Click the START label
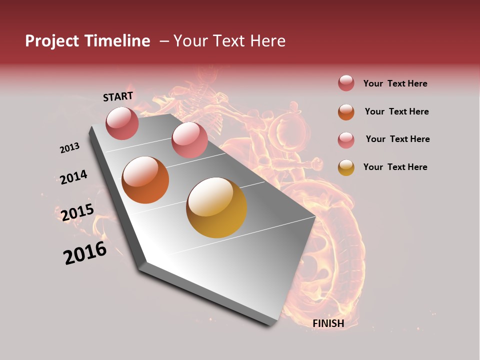point(118,96)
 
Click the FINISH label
point(328,323)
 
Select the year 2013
point(69,148)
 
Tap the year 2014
point(73,177)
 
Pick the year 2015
point(77,212)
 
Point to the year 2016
point(85,253)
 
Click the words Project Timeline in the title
point(87,41)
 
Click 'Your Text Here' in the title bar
point(229,41)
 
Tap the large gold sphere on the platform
point(216,207)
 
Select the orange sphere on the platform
point(145,180)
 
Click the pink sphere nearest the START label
point(122,123)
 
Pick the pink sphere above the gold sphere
point(189,140)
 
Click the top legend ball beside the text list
point(346,83)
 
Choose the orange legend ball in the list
point(346,112)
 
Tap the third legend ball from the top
point(346,140)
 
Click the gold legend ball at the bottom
point(346,167)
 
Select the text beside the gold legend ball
point(395,167)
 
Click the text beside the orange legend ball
point(396,111)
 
